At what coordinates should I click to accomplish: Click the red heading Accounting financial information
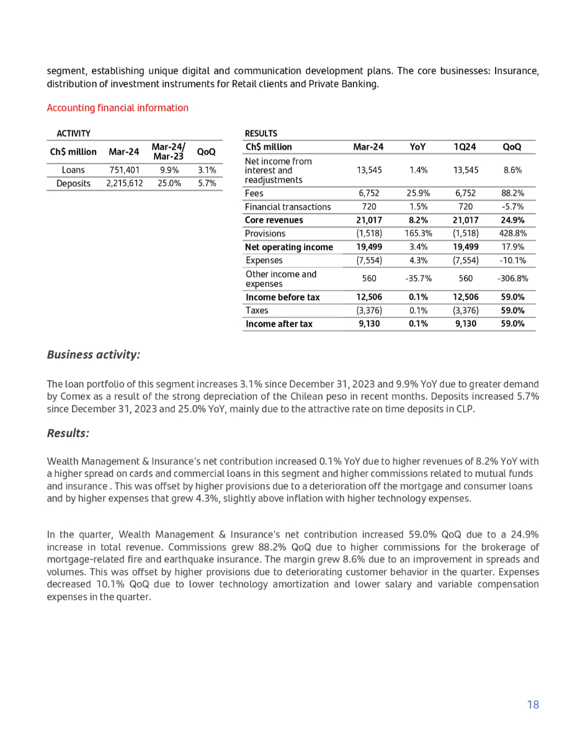118,108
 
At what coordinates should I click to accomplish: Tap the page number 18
533,704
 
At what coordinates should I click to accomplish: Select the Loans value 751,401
124,170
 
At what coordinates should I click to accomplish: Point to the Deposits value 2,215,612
124,183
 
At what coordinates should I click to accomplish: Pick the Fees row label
254,193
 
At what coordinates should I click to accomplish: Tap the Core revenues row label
274,220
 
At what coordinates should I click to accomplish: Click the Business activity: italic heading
94,354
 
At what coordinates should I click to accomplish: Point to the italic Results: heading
68,433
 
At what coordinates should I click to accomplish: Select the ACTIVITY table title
74,133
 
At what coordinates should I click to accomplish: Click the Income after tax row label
279,324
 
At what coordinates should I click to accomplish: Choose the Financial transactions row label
288,207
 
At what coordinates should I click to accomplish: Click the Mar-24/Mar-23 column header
168,151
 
